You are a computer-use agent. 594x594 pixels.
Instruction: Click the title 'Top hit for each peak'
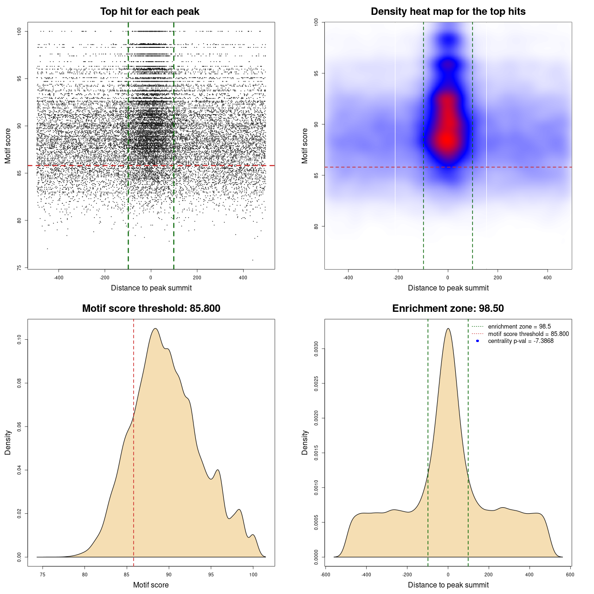coord(149,12)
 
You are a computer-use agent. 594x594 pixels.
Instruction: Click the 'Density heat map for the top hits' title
coord(448,12)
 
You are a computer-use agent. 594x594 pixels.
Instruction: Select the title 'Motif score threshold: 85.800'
coord(151,309)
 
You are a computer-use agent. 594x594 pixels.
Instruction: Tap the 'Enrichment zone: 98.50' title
coord(448,309)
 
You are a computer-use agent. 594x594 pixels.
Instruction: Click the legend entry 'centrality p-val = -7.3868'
coord(521,341)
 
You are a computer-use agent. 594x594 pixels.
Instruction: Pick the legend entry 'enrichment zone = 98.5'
coord(519,327)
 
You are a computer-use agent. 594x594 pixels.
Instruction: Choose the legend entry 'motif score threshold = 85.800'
coord(528,334)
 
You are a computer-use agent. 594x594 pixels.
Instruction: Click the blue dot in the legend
coord(478,341)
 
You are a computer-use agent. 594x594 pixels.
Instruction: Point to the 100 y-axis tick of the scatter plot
coord(19,31)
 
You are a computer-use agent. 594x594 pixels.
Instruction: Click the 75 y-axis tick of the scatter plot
coord(19,268)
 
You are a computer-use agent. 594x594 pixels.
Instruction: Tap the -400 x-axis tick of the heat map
coord(348,278)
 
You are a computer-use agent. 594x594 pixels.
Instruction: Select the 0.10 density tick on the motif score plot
coord(19,340)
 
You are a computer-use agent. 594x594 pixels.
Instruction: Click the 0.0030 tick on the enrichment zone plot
coord(316,349)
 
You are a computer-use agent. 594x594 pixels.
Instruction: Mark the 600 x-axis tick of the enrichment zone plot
coord(570,575)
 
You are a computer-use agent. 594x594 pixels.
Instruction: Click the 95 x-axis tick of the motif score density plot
coord(211,575)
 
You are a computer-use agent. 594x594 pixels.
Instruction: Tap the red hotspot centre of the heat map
coord(447,139)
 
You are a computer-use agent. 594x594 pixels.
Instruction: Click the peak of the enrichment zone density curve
coord(448,329)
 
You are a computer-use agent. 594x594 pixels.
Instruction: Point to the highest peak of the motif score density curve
coord(155,329)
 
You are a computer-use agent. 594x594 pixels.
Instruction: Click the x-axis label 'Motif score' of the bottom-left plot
coord(151,585)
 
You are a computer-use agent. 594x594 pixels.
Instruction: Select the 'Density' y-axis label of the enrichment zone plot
coord(305,442)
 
